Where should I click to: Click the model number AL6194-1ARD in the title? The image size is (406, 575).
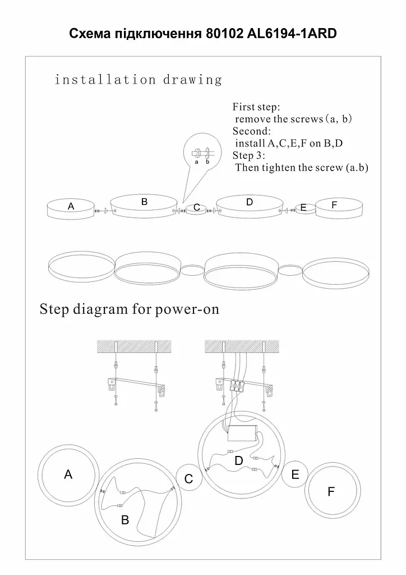click(292, 34)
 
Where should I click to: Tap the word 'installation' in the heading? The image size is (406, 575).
click(105, 80)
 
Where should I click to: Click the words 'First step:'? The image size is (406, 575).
click(256, 107)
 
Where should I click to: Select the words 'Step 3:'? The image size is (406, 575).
click(249, 155)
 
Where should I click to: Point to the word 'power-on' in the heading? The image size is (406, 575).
click(187, 309)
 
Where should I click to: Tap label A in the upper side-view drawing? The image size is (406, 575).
click(71, 206)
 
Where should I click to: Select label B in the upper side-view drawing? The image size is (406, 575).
click(144, 202)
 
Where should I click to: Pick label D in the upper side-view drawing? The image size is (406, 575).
click(250, 202)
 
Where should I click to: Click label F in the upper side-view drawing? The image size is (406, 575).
click(334, 204)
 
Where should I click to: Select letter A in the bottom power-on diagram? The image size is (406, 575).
click(68, 474)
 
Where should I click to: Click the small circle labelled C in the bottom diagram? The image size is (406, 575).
click(189, 478)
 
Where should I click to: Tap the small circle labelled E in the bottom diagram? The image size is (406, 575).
click(295, 474)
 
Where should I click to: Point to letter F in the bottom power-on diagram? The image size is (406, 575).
click(331, 492)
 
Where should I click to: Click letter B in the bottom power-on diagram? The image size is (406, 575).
click(125, 519)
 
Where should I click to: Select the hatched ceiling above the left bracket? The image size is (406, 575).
click(134, 346)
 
